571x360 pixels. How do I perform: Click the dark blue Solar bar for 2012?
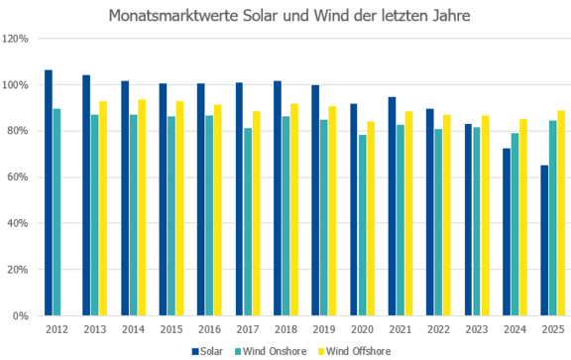click(x=49, y=192)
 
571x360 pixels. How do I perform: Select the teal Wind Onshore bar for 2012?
click(x=57, y=211)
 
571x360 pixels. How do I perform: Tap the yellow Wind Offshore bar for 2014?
click(x=142, y=207)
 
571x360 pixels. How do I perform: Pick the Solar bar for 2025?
click(x=544, y=240)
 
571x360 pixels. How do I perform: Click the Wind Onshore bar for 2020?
click(x=363, y=225)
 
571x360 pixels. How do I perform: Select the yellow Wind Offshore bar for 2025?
click(x=561, y=213)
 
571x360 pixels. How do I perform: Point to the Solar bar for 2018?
click(x=278, y=198)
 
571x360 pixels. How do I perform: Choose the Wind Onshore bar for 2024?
click(x=514, y=224)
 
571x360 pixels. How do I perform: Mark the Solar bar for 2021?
click(x=392, y=206)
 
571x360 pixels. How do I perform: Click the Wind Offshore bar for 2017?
click(x=257, y=213)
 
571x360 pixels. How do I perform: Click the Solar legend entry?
click(x=207, y=351)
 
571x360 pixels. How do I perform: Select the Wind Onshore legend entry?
click(x=271, y=351)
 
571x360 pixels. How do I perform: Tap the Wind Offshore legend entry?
click(x=355, y=351)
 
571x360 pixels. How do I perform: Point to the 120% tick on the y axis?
click(x=15, y=39)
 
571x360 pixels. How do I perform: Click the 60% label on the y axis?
click(x=18, y=178)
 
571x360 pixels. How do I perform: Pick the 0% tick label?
click(x=21, y=315)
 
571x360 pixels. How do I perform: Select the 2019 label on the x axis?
click(x=324, y=329)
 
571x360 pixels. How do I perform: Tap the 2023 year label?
click(x=477, y=329)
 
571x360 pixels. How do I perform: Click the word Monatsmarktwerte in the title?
click(x=173, y=16)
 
